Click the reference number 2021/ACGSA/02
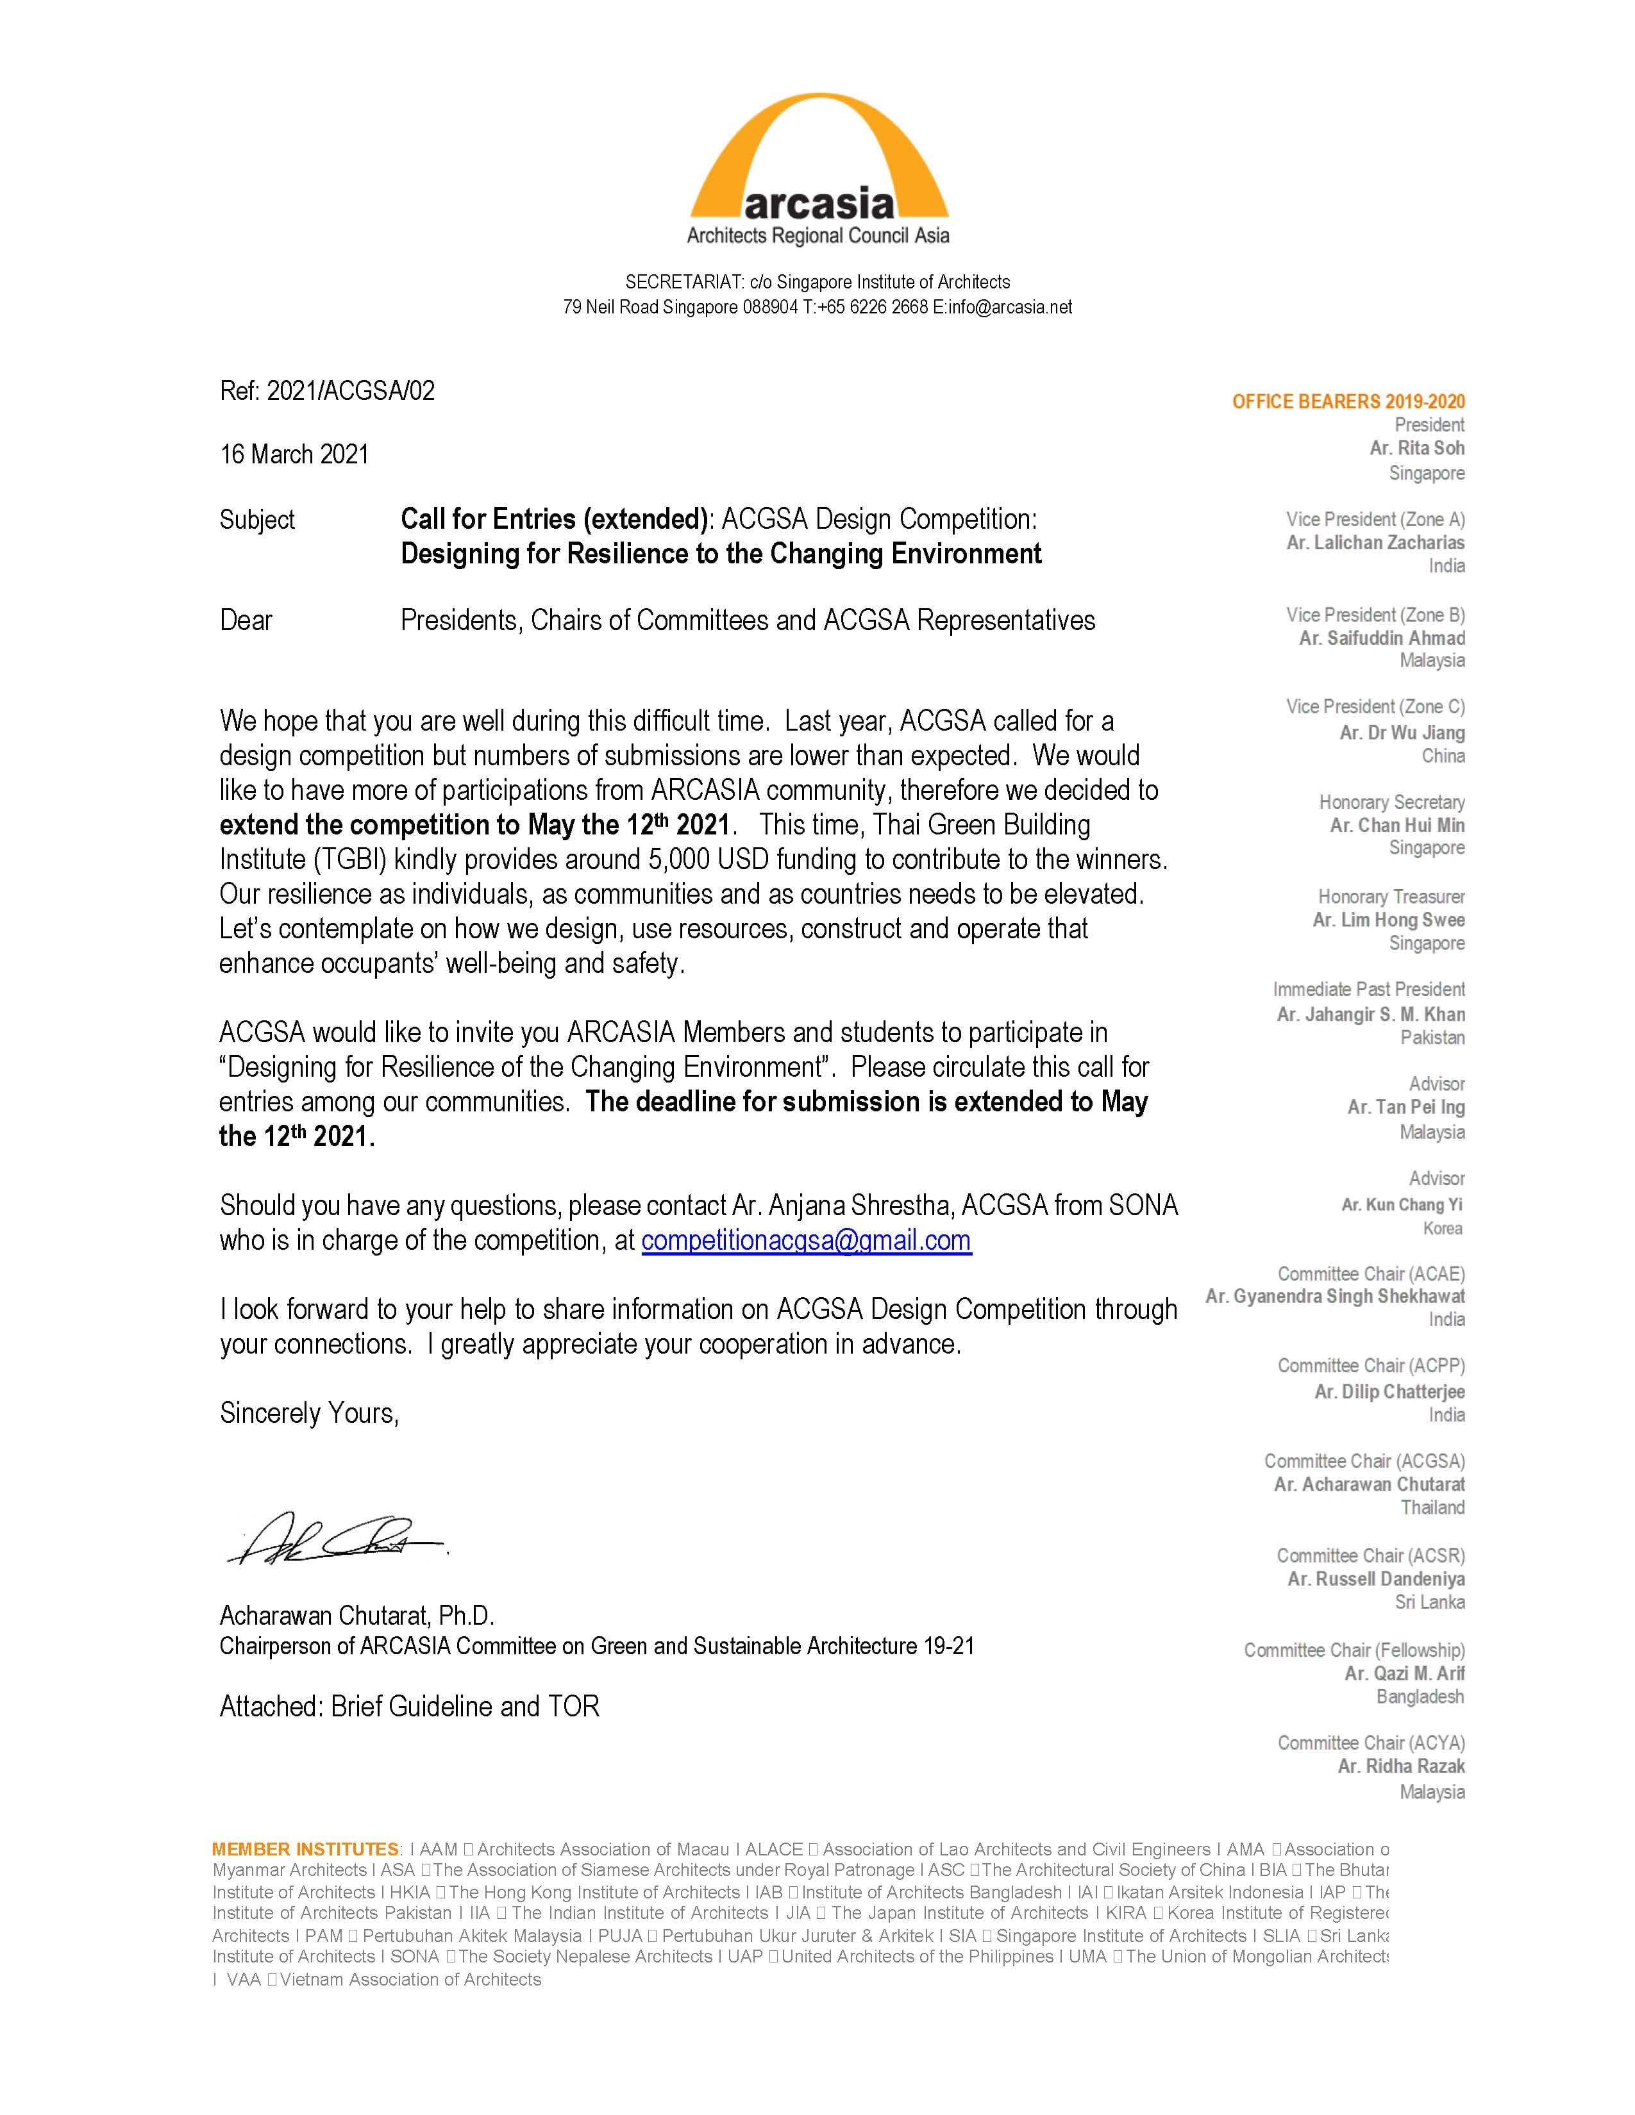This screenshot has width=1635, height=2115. click(351, 391)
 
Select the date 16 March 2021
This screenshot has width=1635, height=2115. click(294, 454)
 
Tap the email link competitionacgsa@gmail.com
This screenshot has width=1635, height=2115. click(806, 1241)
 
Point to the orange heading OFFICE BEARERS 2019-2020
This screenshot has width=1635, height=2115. click(1347, 402)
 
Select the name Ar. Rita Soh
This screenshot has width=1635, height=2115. click(1416, 449)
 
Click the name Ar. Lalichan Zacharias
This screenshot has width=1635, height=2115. click(1375, 542)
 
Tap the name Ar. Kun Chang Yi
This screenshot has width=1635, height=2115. click(1402, 1205)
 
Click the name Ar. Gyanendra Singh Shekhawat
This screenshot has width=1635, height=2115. click(1335, 1297)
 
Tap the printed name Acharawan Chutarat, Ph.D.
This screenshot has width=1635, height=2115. click(356, 1615)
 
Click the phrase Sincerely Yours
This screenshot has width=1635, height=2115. click(309, 1413)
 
